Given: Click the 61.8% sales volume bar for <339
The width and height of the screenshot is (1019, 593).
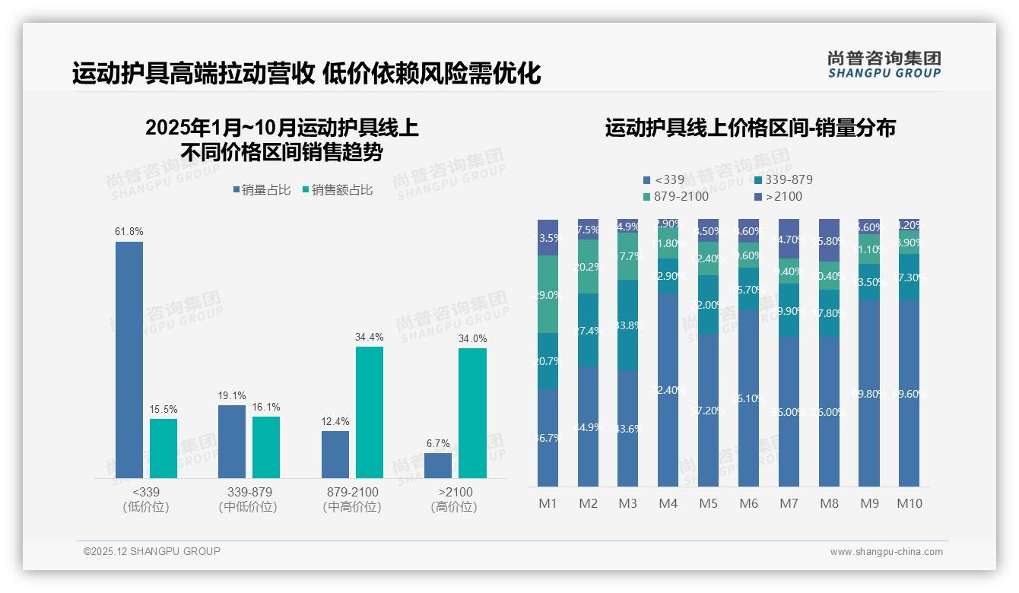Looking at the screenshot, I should [x=129, y=360].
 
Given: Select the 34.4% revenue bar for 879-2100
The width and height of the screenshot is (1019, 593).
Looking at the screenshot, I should [x=369, y=412].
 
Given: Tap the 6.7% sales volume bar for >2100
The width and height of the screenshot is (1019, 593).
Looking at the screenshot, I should [x=438, y=465].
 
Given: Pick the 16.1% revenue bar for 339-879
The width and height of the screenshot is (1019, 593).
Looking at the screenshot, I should [x=266, y=447].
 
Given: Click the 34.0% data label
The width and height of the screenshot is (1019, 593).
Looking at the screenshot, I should [x=472, y=338].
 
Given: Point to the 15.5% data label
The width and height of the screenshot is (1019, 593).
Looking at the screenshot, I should [x=163, y=409].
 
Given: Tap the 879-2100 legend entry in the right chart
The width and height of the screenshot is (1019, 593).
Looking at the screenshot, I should [x=676, y=197].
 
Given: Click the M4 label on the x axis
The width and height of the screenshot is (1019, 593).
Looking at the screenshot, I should [x=668, y=503].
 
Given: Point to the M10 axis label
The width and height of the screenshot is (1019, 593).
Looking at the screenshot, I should [x=909, y=503].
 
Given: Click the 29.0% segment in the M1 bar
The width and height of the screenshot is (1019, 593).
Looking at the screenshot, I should [x=548, y=294].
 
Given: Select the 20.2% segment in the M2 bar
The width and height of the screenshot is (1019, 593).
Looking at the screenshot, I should [x=588, y=267].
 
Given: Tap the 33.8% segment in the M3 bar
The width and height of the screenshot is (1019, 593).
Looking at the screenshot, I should [x=627, y=325].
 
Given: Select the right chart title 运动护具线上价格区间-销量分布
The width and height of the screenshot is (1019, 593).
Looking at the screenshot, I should [x=750, y=128].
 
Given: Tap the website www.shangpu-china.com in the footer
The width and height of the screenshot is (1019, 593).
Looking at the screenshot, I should [x=886, y=552].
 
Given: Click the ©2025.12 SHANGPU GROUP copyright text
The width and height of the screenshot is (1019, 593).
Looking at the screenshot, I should [x=152, y=551].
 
